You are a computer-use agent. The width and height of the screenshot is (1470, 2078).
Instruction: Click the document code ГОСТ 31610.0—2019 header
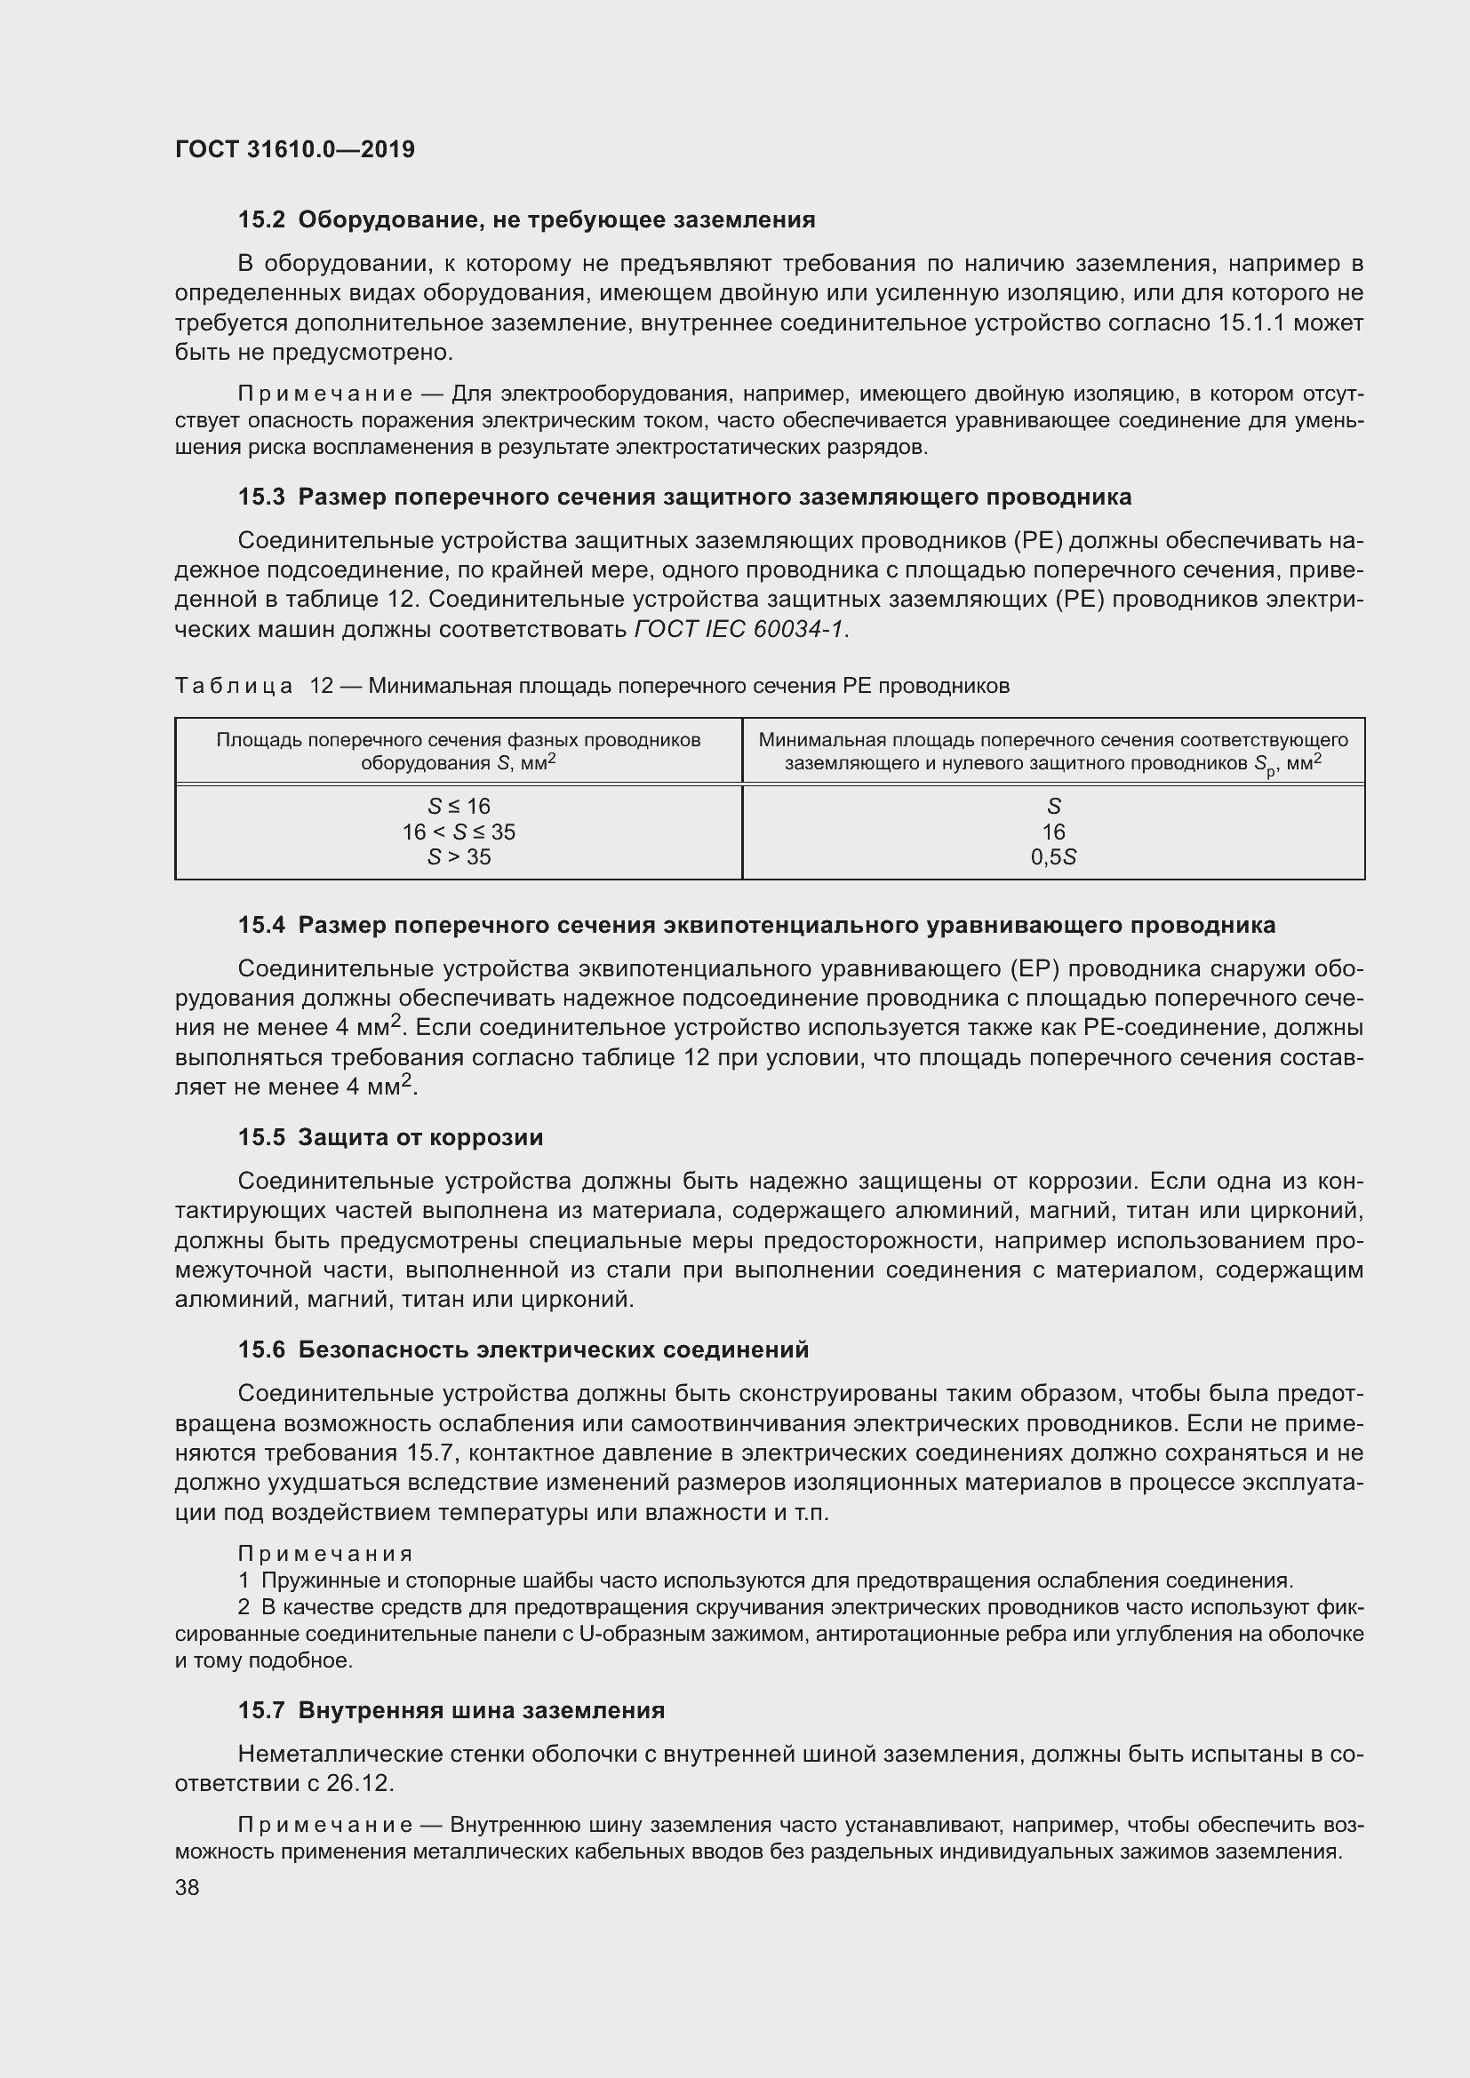pyautogui.click(x=294, y=149)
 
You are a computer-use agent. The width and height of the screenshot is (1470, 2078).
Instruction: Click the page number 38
pyautogui.click(x=188, y=1887)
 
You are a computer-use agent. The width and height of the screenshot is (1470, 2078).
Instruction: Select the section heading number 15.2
pyautogui.click(x=261, y=220)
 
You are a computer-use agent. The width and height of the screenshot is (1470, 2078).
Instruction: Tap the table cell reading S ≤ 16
pyautogui.click(x=459, y=806)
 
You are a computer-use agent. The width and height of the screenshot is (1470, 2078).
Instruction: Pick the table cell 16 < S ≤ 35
pyautogui.click(x=459, y=831)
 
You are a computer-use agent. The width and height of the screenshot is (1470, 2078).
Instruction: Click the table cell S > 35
pyautogui.click(x=459, y=856)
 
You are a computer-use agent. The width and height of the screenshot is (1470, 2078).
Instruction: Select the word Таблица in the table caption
pyautogui.click(x=234, y=686)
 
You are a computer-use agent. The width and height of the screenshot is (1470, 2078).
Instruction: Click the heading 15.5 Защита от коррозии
pyautogui.click(x=390, y=1138)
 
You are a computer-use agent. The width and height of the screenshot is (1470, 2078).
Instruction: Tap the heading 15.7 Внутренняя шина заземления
pyautogui.click(x=451, y=1710)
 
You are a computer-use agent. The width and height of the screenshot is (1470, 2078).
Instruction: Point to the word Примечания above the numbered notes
pyautogui.click(x=325, y=1554)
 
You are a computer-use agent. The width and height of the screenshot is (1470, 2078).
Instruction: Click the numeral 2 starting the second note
pyautogui.click(x=244, y=1607)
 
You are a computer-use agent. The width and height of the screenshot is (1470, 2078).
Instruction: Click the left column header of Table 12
pyautogui.click(x=458, y=751)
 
